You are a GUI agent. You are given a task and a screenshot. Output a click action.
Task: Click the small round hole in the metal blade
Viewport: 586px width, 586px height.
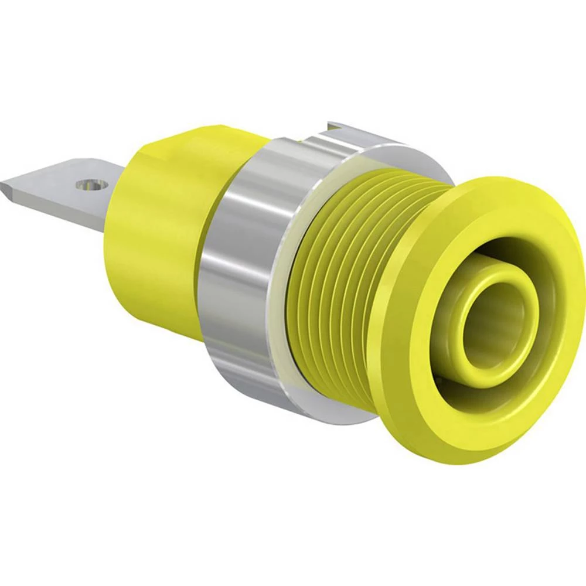pos(88,185)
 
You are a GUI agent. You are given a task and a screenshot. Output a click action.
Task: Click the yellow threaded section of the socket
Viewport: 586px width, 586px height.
pos(346,281)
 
